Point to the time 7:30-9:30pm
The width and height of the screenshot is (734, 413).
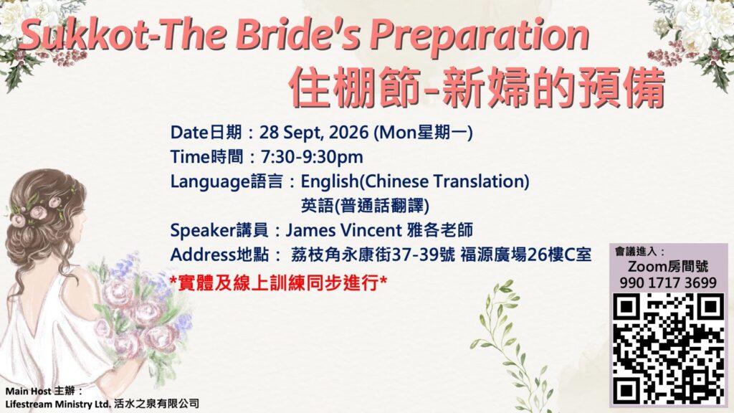pyautogui.click(x=312, y=157)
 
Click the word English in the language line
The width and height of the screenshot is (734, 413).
pyautogui.click(x=330, y=182)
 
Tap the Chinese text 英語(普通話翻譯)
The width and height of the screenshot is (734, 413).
pyautogui.click(x=365, y=206)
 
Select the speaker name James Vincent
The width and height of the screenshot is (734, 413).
pyautogui.click(x=343, y=230)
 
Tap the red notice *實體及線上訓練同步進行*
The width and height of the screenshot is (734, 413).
pyautogui.click(x=278, y=283)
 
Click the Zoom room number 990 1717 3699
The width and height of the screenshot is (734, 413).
pyautogui.click(x=668, y=283)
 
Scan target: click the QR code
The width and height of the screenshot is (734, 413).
pyautogui.click(x=669, y=348)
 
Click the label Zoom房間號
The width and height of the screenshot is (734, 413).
pyautogui.click(x=668, y=267)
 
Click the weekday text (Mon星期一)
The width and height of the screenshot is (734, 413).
pyautogui.click(x=423, y=133)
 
